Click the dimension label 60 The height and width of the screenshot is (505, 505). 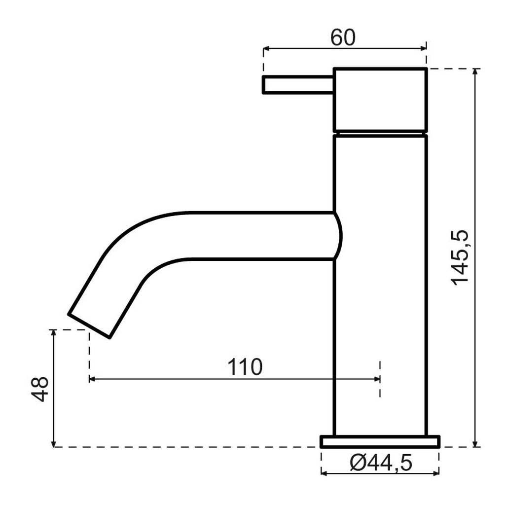[x=343, y=37]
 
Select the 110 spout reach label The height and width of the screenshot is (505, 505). [x=245, y=367]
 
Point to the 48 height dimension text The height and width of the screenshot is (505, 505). [x=40, y=389]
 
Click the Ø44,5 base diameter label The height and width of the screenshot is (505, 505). [x=381, y=464]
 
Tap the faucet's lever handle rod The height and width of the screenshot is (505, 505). [x=298, y=85]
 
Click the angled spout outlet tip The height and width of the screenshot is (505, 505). [x=89, y=326]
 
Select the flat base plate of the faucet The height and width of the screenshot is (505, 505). [x=380, y=441]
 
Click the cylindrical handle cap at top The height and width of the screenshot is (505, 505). [x=380, y=100]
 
